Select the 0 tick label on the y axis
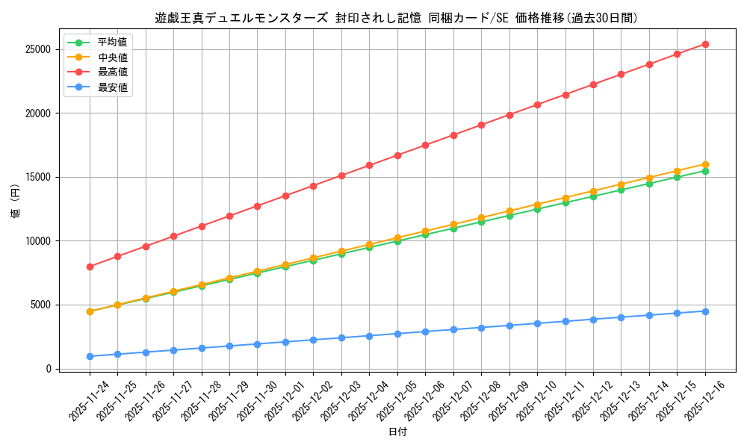coord(48,369)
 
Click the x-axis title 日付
coord(397,432)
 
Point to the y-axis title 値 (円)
coord(16,202)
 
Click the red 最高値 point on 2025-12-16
coord(705,44)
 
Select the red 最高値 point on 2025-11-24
coord(90,267)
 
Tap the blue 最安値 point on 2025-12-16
coord(705,311)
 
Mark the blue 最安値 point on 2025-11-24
coord(90,356)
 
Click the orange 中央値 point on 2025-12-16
coord(705,164)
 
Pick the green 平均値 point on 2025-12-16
coord(705,171)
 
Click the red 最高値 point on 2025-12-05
coord(397,155)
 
